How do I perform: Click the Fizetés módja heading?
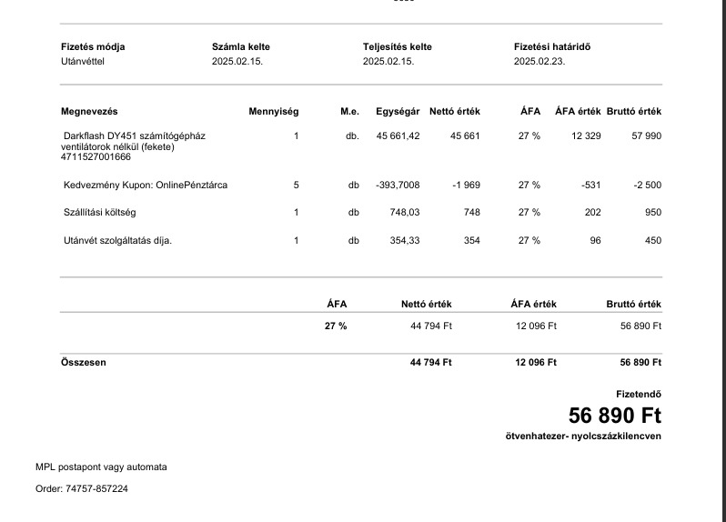[x=93, y=46]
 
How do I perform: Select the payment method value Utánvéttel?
[x=84, y=61]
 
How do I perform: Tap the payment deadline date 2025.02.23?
[x=539, y=61]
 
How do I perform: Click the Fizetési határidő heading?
[x=551, y=46]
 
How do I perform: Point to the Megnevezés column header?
[x=89, y=111]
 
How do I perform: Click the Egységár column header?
[x=398, y=111]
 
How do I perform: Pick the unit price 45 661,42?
[x=398, y=136]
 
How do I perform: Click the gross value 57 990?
[x=646, y=136]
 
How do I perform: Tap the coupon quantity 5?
[x=296, y=185]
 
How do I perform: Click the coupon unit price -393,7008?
[x=398, y=185]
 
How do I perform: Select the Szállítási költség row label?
[x=99, y=212]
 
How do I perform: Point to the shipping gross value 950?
[x=653, y=212]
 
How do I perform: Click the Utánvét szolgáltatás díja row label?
[x=116, y=240]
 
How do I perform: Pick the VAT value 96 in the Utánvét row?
[x=595, y=240]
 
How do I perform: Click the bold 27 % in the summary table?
[x=336, y=326]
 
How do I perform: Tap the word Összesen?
[x=83, y=362]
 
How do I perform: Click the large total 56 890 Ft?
[x=614, y=416]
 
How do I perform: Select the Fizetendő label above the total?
[x=638, y=394]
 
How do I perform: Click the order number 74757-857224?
[x=96, y=488]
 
